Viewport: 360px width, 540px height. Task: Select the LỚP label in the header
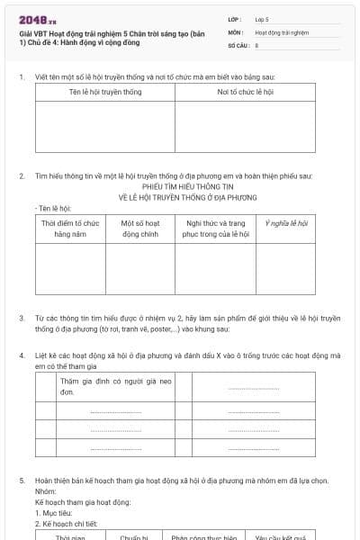[234, 19]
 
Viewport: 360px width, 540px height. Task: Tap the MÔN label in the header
[235, 31]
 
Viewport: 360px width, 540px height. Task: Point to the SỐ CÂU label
[238, 44]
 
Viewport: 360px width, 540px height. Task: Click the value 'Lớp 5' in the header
[262, 19]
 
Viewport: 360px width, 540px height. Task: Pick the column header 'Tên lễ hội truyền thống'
[105, 93]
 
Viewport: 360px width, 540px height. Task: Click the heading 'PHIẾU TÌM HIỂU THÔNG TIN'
[187, 187]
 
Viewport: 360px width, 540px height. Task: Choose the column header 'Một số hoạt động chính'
[139, 228]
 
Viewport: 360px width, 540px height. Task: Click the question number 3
[22, 318]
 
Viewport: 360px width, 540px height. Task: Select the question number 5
[22, 480]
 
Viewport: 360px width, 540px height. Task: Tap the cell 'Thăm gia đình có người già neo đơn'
[103, 388]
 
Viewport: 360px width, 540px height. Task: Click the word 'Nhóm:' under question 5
[44, 490]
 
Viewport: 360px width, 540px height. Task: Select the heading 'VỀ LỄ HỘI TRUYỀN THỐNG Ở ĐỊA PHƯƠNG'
[187, 197]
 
